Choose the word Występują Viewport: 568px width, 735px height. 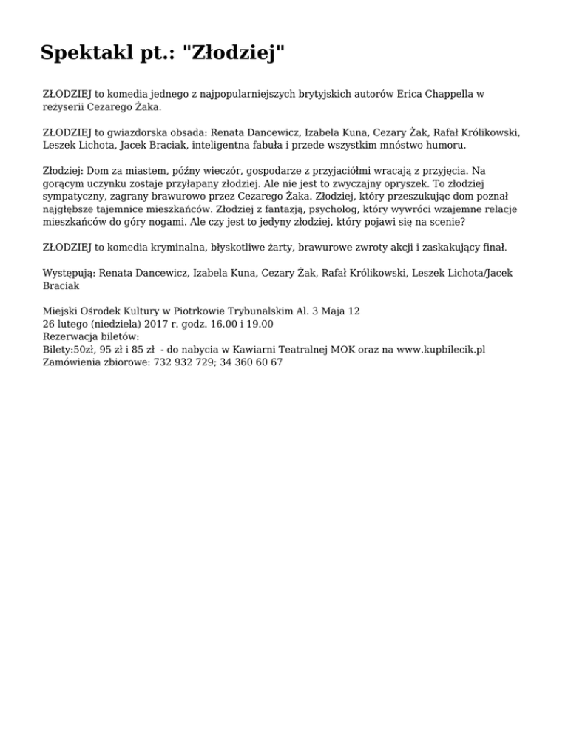click(x=69, y=273)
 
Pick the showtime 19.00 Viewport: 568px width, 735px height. click(x=259, y=323)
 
